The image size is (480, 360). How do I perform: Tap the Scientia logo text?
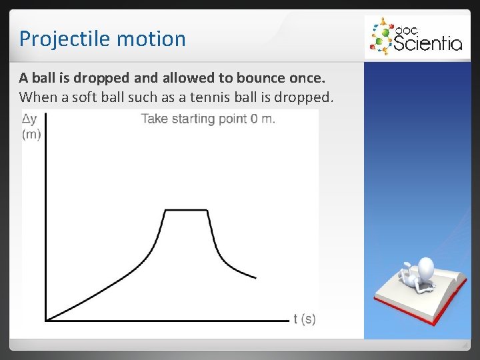(x=427, y=43)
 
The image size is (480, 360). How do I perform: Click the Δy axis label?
(x=30, y=120)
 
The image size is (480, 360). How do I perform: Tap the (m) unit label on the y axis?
(x=31, y=135)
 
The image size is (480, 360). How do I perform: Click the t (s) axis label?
(x=305, y=319)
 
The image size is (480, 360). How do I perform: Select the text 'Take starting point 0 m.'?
(x=208, y=119)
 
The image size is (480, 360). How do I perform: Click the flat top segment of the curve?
(x=186, y=211)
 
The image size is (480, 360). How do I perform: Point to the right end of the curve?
(x=255, y=277)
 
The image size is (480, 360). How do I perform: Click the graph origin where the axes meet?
(x=45, y=320)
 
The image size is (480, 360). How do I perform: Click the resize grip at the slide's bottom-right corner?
(x=464, y=344)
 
